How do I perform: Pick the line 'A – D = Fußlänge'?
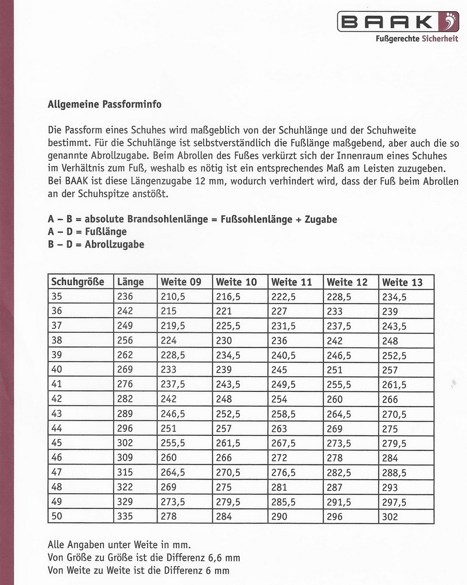(x=87, y=232)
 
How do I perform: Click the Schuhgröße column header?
(x=78, y=282)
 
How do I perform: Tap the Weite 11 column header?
(x=291, y=282)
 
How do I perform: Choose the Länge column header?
(x=130, y=282)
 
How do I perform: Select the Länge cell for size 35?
(x=125, y=297)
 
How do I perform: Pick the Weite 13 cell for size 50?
(x=390, y=517)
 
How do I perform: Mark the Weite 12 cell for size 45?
(x=338, y=443)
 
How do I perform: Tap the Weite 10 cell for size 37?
(x=229, y=326)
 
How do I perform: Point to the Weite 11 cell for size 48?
(x=279, y=487)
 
